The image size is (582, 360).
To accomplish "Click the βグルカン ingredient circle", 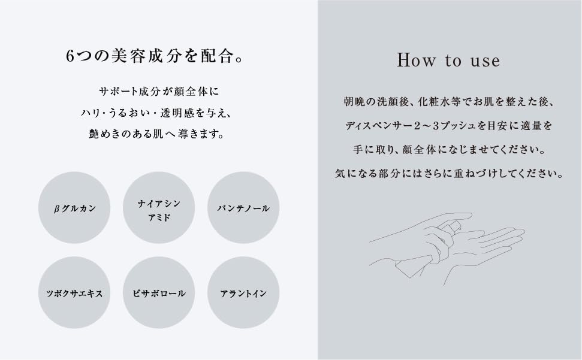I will [74, 208].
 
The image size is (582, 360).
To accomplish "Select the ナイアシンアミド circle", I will [159, 208].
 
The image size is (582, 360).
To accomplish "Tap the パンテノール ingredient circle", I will [243, 208].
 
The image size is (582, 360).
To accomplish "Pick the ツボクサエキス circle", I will [74, 293].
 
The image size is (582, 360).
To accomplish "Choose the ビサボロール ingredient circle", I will [159, 293].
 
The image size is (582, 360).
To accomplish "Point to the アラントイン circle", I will [243, 293].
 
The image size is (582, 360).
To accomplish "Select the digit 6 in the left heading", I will [70, 57].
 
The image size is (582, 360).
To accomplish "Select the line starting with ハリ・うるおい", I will [159, 113].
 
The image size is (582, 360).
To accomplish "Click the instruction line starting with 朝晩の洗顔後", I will [448, 102].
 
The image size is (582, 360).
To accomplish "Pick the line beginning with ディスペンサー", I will [448, 126].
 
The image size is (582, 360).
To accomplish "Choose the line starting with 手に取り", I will [448, 150].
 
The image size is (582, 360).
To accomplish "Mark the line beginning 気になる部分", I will [448, 174].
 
